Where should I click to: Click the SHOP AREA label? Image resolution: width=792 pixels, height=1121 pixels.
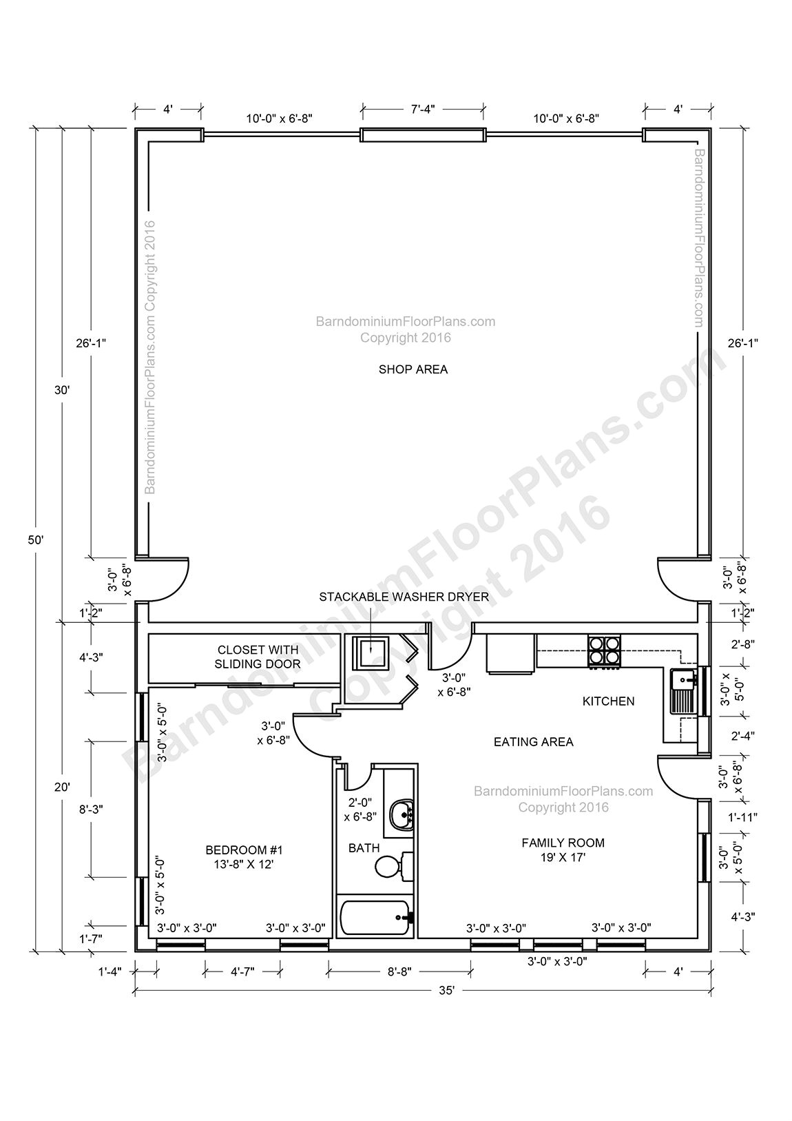click(413, 369)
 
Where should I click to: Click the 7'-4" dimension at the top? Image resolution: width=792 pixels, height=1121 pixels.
click(422, 109)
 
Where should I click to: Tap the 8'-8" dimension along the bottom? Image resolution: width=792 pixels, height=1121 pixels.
click(399, 971)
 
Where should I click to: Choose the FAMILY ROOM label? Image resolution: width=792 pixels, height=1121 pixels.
click(563, 849)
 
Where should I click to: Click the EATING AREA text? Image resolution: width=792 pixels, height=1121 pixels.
click(533, 742)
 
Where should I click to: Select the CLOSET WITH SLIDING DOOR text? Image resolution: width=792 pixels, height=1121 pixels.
click(258, 657)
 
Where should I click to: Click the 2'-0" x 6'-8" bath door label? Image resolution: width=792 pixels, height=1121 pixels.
click(360, 810)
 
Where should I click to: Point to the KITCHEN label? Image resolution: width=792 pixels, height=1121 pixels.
click(608, 701)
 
